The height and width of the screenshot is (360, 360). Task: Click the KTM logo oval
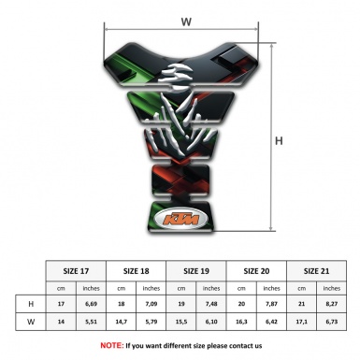[x=181, y=218]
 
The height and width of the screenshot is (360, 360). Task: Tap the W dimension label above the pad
[x=186, y=22]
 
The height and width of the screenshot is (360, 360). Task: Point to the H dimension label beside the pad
[x=279, y=141]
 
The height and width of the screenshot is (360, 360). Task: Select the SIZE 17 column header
[x=76, y=271]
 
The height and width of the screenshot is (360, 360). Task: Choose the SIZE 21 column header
[x=316, y=271]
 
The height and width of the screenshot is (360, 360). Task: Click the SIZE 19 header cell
[x=196, y=271]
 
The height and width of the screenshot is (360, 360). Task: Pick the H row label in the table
[x=31, y=304]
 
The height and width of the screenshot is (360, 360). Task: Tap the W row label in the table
[x=31, y=322]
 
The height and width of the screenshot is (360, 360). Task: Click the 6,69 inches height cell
[x=91, y=304]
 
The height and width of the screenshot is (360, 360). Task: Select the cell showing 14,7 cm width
[x=122, y=322]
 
